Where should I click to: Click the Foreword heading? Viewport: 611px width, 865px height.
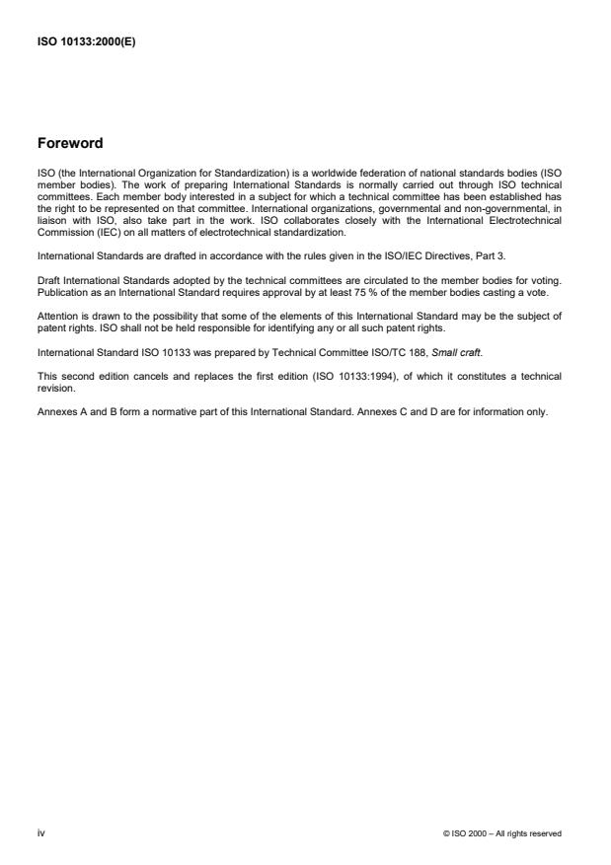point(69,143)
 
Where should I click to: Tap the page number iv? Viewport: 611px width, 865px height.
point(40,832)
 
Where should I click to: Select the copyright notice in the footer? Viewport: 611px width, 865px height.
point(502,833)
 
